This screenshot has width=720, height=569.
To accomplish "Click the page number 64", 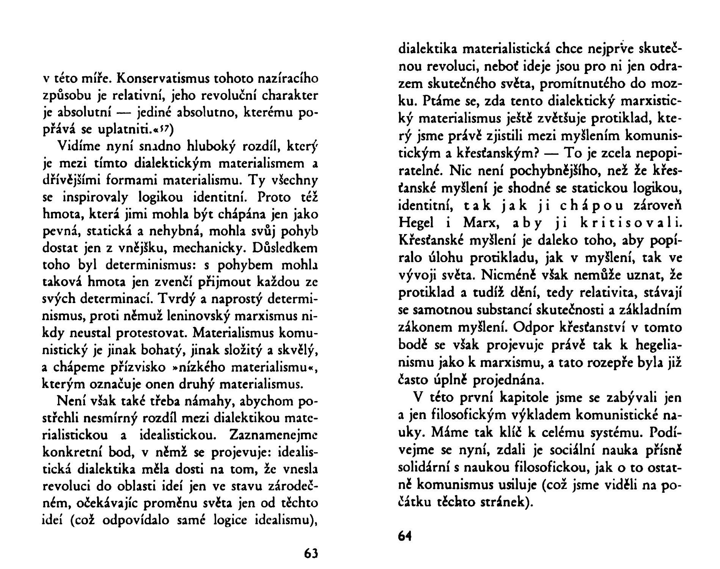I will pyautogui.click(x=405, y=536).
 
